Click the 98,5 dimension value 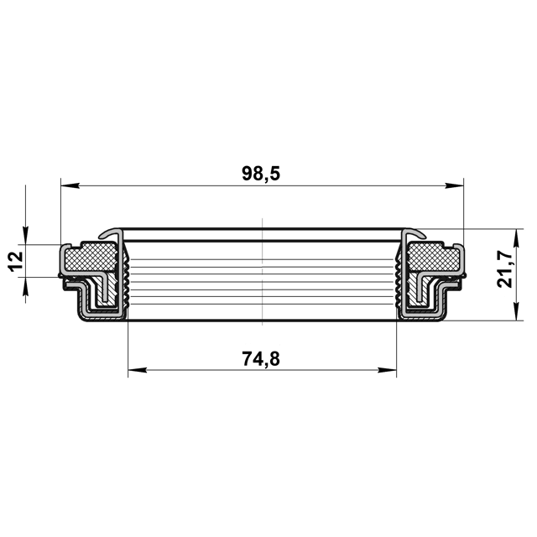tap(261, 174)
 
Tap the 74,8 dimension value tap(261, 358)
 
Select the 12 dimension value tap(16, 261)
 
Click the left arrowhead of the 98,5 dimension tap(70, 186)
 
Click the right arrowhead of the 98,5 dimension tap(454, 186)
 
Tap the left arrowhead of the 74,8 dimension tap(138, 370)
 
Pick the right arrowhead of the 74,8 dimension tap(387, 370)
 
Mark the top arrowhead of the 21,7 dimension tap(517, 238)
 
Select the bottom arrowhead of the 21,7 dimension tap(517, 311)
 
